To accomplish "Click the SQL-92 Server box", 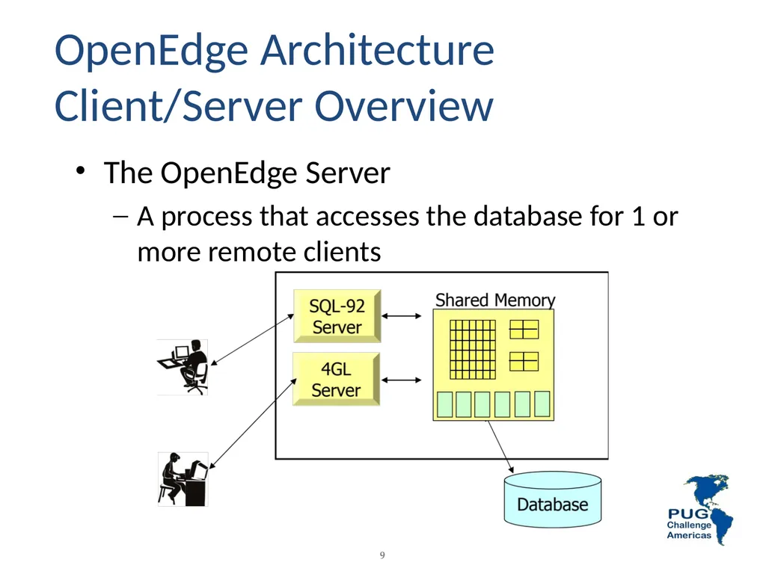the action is pyautogui.click(x=337, y=316).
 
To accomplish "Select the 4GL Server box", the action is pyautogui.click(x=336, y=379).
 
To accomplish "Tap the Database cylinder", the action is pyautogui.click(x=553, y=499).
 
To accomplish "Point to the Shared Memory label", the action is pyautogui.click(x=495, y=300).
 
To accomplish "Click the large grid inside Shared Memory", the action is pyautogui.click(x=473, y=349).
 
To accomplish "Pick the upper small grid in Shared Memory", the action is pyautogui.click(x=524, y=330).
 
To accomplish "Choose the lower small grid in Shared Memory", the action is pyautogui.click(x=524, y=362).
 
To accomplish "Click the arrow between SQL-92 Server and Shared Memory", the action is pyautogui.click(x=401, y=316).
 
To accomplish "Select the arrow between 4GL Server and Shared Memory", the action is pyautogui.click(x=401, y=380).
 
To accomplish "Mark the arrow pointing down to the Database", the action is pyautogui.click(x=500, y=447).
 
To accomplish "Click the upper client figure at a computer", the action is pyautogui.click(x=183, y=367).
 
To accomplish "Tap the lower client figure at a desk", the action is pyautogui.click(x=183, y=479).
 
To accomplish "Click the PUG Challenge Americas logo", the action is pyautogui.click(x=699, y=510).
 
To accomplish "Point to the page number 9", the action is pyautogui.click(x=382, y=555).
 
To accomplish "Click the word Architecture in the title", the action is pyautogui.click(x=377, y=50).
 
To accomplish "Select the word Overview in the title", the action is pyautogui.click(x=404, y=106).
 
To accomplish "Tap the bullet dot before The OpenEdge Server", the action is pyautogui.click(x=81, y=171).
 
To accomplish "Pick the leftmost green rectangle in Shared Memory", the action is pyautogui.click(x=444, y=404).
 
